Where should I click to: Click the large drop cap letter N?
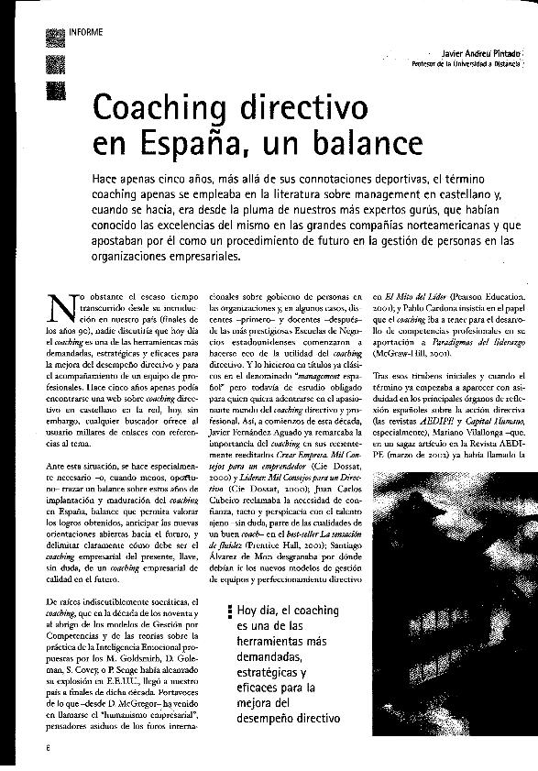click(x=60, y=310)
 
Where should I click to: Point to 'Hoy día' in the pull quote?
click(x=258, y=611)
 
